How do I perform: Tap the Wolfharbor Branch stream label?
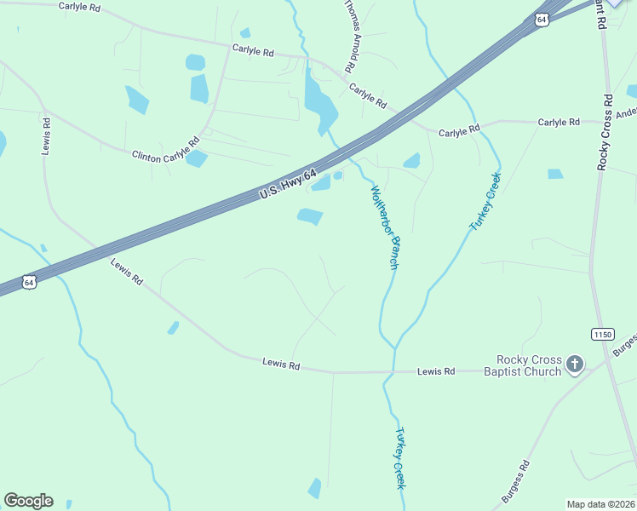384,227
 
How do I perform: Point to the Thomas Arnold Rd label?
350,36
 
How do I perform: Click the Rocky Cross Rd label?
605,132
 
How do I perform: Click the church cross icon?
575,365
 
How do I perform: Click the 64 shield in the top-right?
542,20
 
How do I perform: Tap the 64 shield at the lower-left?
29,282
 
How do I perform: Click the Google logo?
28,501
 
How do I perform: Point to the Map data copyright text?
601,504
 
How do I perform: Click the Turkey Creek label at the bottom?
399,457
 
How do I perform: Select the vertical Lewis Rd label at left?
46,135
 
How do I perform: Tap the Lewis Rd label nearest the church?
436,371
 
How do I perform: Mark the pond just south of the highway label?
310,217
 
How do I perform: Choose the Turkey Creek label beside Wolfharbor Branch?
486,201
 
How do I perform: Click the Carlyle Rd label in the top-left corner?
79,6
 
